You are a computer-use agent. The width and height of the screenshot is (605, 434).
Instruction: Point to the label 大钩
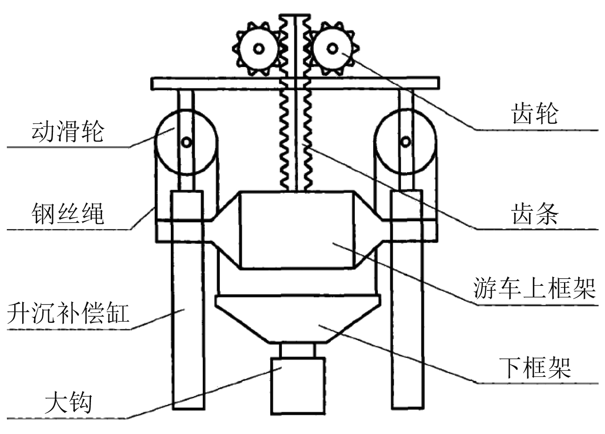[x=68, y=403]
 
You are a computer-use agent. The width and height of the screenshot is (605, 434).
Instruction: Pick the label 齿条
[x=535, y=213]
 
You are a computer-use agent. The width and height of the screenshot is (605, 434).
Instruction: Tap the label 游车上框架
[x=535, y=288]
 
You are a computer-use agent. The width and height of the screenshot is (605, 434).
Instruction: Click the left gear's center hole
[x=258, y=49]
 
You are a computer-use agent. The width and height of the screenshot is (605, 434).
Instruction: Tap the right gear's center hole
[x=332, y=48]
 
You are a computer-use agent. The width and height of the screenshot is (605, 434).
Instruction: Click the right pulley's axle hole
[x=406, y=141]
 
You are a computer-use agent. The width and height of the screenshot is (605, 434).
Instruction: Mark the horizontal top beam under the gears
[x=213, y=83]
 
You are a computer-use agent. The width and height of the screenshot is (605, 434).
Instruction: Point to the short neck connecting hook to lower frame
[x=298, y=350]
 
